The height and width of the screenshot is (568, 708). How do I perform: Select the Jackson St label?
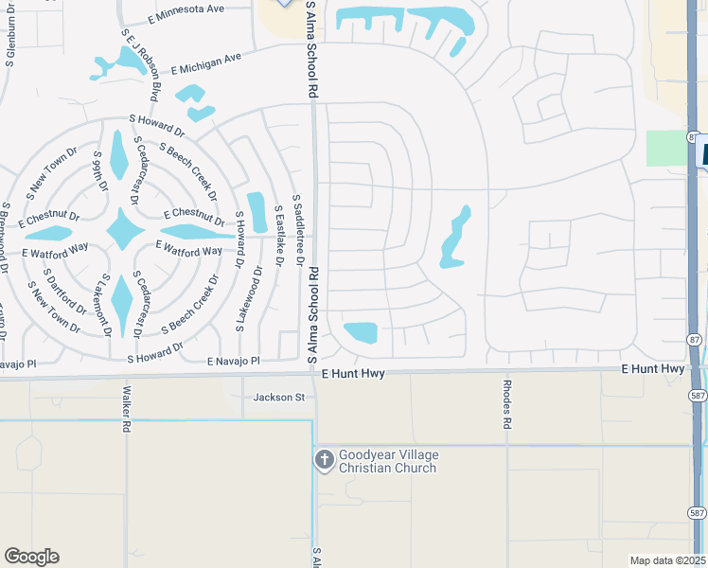(277, 398)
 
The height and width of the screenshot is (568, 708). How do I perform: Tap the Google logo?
(31, 557)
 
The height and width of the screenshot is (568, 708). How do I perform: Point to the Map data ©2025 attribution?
(667, 560)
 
